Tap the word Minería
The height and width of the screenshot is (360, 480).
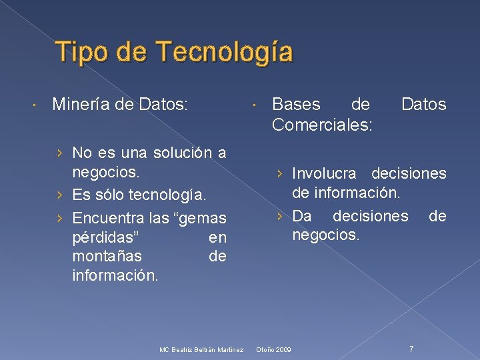(78, 104)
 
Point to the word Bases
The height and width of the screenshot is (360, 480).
(297, 104)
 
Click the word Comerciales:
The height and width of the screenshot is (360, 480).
(322, 125)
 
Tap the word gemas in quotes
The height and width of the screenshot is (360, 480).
(203, 217)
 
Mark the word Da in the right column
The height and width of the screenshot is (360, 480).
(301, 216)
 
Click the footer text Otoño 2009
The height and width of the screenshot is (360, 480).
(274, 350)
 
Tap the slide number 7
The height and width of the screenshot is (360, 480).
(411, 349)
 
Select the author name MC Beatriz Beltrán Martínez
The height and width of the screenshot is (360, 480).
(201, 350)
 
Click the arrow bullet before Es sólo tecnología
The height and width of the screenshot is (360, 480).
(61, 195)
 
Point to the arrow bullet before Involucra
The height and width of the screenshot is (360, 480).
(281, 173)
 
